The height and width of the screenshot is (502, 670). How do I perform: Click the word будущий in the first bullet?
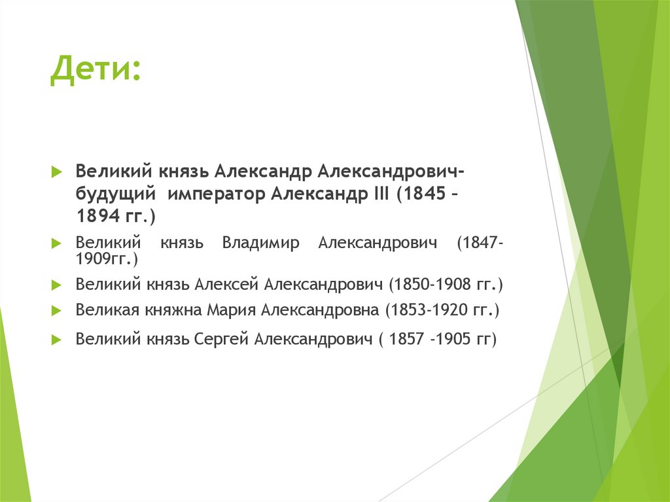pyautogui.click(x=115, y=194)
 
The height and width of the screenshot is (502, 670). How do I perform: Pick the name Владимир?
pyautogui.click(x=260, y=243)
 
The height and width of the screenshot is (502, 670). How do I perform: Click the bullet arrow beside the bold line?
pyautogui.click(x=56, y=171)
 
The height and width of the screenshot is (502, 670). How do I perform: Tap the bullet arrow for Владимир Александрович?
pyautogui.click(x=56, y=243)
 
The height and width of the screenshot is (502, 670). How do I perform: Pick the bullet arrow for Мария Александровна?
pyautogui.click(x=56, y=310)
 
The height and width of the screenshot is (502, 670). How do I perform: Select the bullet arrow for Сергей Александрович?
pyautogui.click(x=56, y=339)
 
